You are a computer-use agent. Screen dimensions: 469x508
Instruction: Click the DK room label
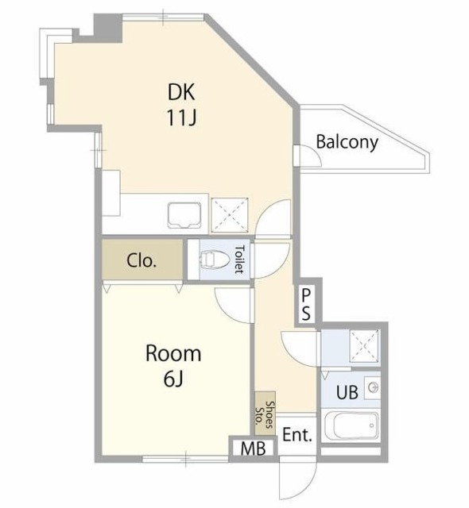pos(181,92)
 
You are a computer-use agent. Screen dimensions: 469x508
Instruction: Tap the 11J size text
pos(181,117)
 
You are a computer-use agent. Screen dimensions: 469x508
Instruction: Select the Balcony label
pos(347,142)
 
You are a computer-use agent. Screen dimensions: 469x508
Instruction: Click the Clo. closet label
pos(141,260)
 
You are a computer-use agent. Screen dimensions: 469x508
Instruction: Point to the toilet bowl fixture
pos(215,260)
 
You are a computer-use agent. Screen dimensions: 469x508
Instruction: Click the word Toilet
pos(240,260)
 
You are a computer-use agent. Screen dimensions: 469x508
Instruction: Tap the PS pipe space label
pos(306,305)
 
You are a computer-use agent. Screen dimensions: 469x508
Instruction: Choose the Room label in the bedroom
pos(173,353)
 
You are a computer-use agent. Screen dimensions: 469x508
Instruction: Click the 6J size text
pos(173,379)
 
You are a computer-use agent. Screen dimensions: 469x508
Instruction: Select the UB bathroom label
pos(347,392)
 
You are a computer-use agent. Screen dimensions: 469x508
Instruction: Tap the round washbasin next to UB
pos(374,387)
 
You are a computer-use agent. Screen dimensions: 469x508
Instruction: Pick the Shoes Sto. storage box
pos(265,414)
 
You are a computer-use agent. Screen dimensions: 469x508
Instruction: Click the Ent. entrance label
pos(297,435)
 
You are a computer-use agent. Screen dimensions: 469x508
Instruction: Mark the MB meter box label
pos(253,448)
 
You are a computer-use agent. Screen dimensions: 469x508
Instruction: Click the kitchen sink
pos(184,215)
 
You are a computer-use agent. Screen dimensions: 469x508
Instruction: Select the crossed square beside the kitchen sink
pos(230,215)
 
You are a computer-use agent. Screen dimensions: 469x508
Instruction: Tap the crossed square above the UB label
pos(365,346)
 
